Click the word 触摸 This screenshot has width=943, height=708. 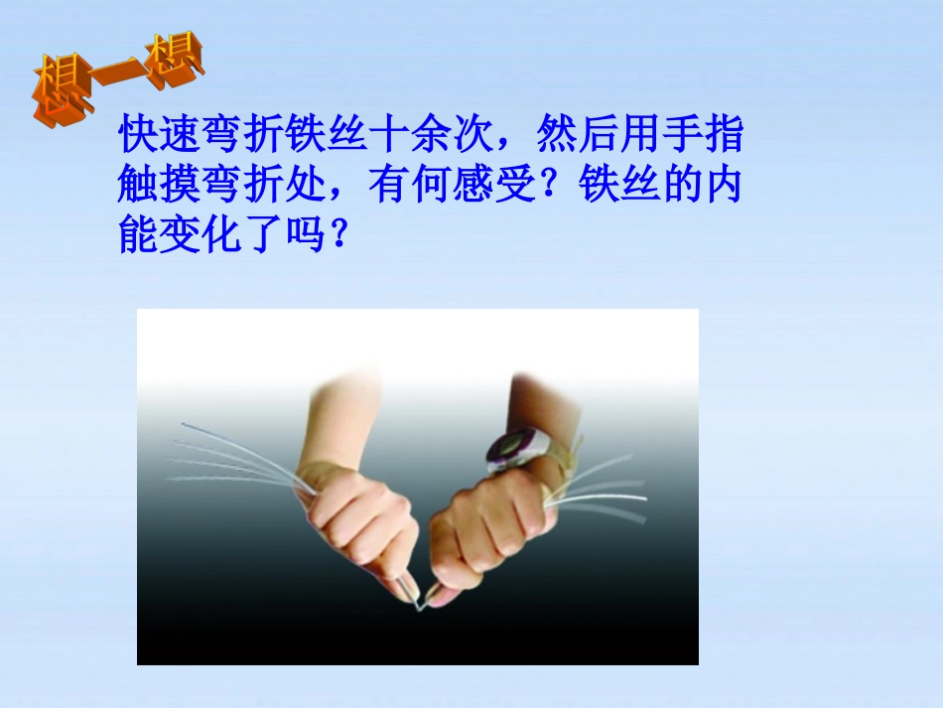coord(160,185)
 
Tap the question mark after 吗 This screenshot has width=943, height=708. coord(338,236)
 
